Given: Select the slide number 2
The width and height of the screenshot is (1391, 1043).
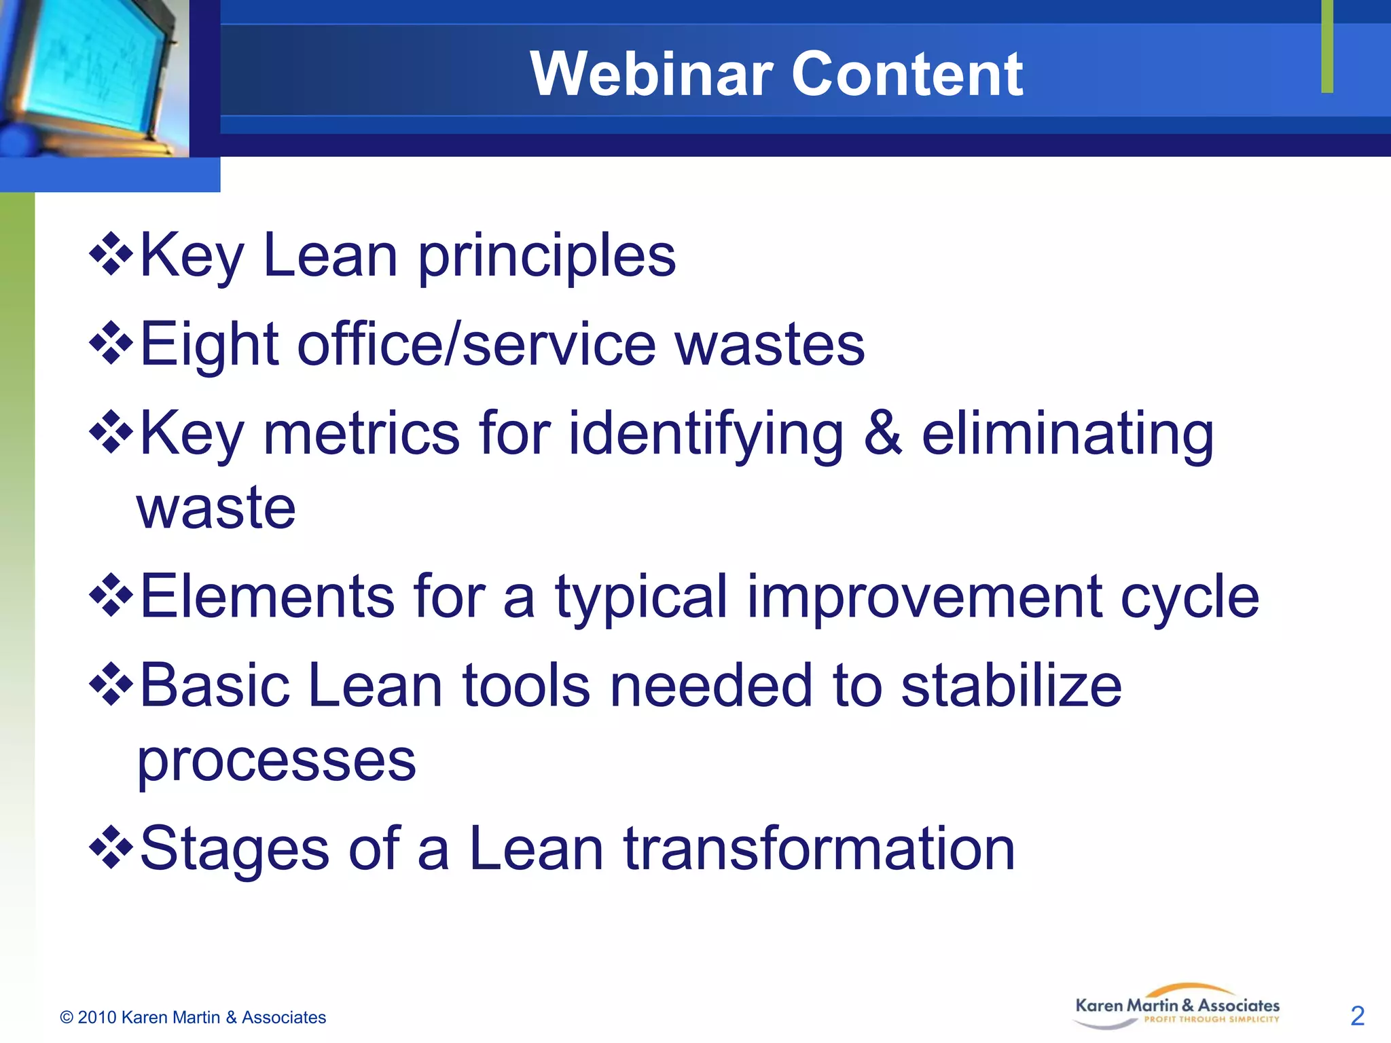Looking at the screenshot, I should (1357, 1016).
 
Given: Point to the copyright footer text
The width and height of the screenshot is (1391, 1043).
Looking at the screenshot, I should (193, 1017).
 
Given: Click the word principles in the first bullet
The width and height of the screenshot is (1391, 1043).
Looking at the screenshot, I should (546, 258).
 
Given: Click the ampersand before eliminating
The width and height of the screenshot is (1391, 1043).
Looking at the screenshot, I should (883, 435).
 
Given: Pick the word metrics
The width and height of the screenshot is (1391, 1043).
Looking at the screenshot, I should (361, 435).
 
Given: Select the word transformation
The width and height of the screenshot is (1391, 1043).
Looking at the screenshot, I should (818, 849).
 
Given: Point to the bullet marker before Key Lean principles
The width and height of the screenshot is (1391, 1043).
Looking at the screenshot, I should (111, 255).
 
